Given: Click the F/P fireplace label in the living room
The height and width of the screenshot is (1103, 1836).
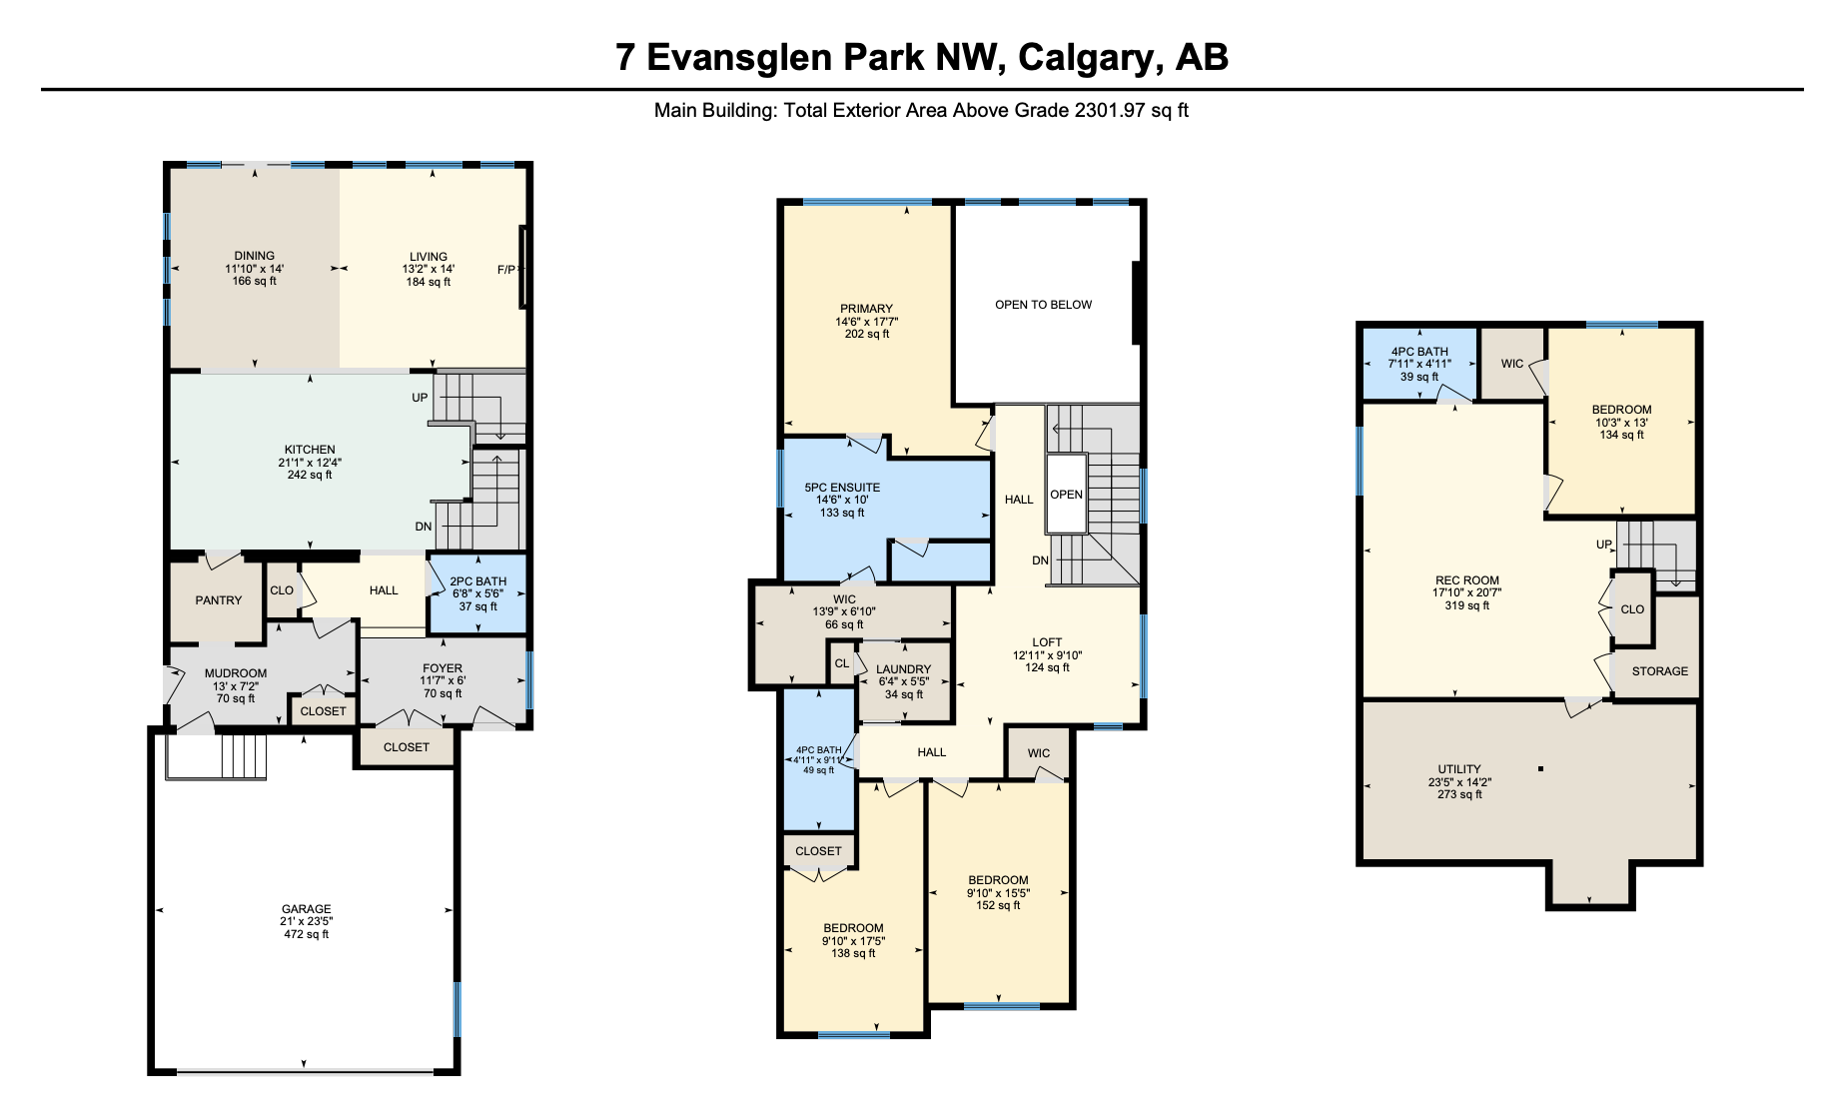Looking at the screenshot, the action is coord(506,270).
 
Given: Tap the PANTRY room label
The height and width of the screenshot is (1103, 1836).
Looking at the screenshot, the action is coord(219,600).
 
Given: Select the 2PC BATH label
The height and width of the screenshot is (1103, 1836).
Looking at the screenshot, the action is coord(478,581).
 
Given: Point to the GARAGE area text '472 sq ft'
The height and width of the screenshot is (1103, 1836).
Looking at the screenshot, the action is coord(306,934).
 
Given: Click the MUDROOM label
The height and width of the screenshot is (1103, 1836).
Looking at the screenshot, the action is coord(236,673).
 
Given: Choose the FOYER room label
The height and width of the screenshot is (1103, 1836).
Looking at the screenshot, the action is coord(443,668).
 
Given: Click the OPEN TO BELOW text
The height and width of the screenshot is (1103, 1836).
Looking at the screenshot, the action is coord(1044,305).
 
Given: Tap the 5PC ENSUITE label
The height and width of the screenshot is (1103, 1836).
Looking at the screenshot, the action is coord(843,488).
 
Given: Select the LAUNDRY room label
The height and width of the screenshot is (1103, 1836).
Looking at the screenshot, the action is coord(904,669).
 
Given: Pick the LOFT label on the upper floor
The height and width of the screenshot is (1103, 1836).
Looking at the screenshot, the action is coord(1048,642).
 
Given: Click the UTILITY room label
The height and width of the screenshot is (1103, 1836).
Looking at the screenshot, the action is coord(1459,769).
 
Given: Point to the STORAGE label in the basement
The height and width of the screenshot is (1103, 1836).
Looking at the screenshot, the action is coord(1660,671).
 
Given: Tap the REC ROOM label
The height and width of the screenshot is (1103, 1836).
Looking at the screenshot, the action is coord(1467,580).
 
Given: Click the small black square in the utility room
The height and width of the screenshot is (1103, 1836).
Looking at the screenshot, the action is coord(1541,768).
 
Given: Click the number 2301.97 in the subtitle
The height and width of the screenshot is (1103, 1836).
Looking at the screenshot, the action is coord(1110,110).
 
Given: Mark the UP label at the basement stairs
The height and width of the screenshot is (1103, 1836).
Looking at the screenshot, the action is coord(1604,545).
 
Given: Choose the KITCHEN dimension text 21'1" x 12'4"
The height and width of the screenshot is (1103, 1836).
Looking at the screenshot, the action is coord(310,463).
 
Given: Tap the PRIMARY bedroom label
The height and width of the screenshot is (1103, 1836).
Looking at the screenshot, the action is coord(867,309).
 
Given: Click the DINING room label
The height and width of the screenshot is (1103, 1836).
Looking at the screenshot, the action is coord(255,256).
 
